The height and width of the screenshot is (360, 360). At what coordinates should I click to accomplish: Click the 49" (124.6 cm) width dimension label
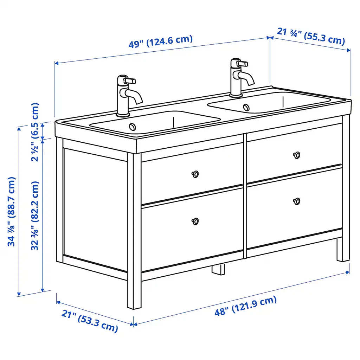tap(160, 41)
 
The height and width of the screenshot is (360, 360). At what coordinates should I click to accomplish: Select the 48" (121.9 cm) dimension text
tap(246, 306)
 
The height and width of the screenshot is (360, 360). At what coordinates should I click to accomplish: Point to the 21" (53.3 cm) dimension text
tap(90, 321)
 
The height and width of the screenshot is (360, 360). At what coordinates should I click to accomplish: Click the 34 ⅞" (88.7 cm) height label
tap(12, 212)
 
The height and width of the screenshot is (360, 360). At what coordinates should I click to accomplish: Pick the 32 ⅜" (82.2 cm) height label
tap(35, 216)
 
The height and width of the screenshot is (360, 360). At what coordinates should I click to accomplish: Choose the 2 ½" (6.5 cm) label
tap(35, 132)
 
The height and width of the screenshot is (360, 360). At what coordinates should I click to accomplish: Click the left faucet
tap(129, 96)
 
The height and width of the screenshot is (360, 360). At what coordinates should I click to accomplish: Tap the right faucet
tap(241, 78)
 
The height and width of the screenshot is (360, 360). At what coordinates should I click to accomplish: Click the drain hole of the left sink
tap(133, 127)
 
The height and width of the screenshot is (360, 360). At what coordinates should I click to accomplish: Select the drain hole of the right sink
tap(246, 107)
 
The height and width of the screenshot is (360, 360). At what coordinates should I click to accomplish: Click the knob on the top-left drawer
tap(195, 174)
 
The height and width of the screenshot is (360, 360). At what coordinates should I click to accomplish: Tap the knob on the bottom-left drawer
tap(195, 221)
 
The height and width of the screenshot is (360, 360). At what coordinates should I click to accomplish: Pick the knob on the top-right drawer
tap(297, 155)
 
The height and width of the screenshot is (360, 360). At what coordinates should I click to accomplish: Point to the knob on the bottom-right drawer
tap(297, 201)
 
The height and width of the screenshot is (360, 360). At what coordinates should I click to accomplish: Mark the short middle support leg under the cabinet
tap(218, 269)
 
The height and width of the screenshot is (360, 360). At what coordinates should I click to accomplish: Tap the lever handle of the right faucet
tap(243, 63)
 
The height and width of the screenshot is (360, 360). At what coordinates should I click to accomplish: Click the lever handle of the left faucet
tap(130, 81)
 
